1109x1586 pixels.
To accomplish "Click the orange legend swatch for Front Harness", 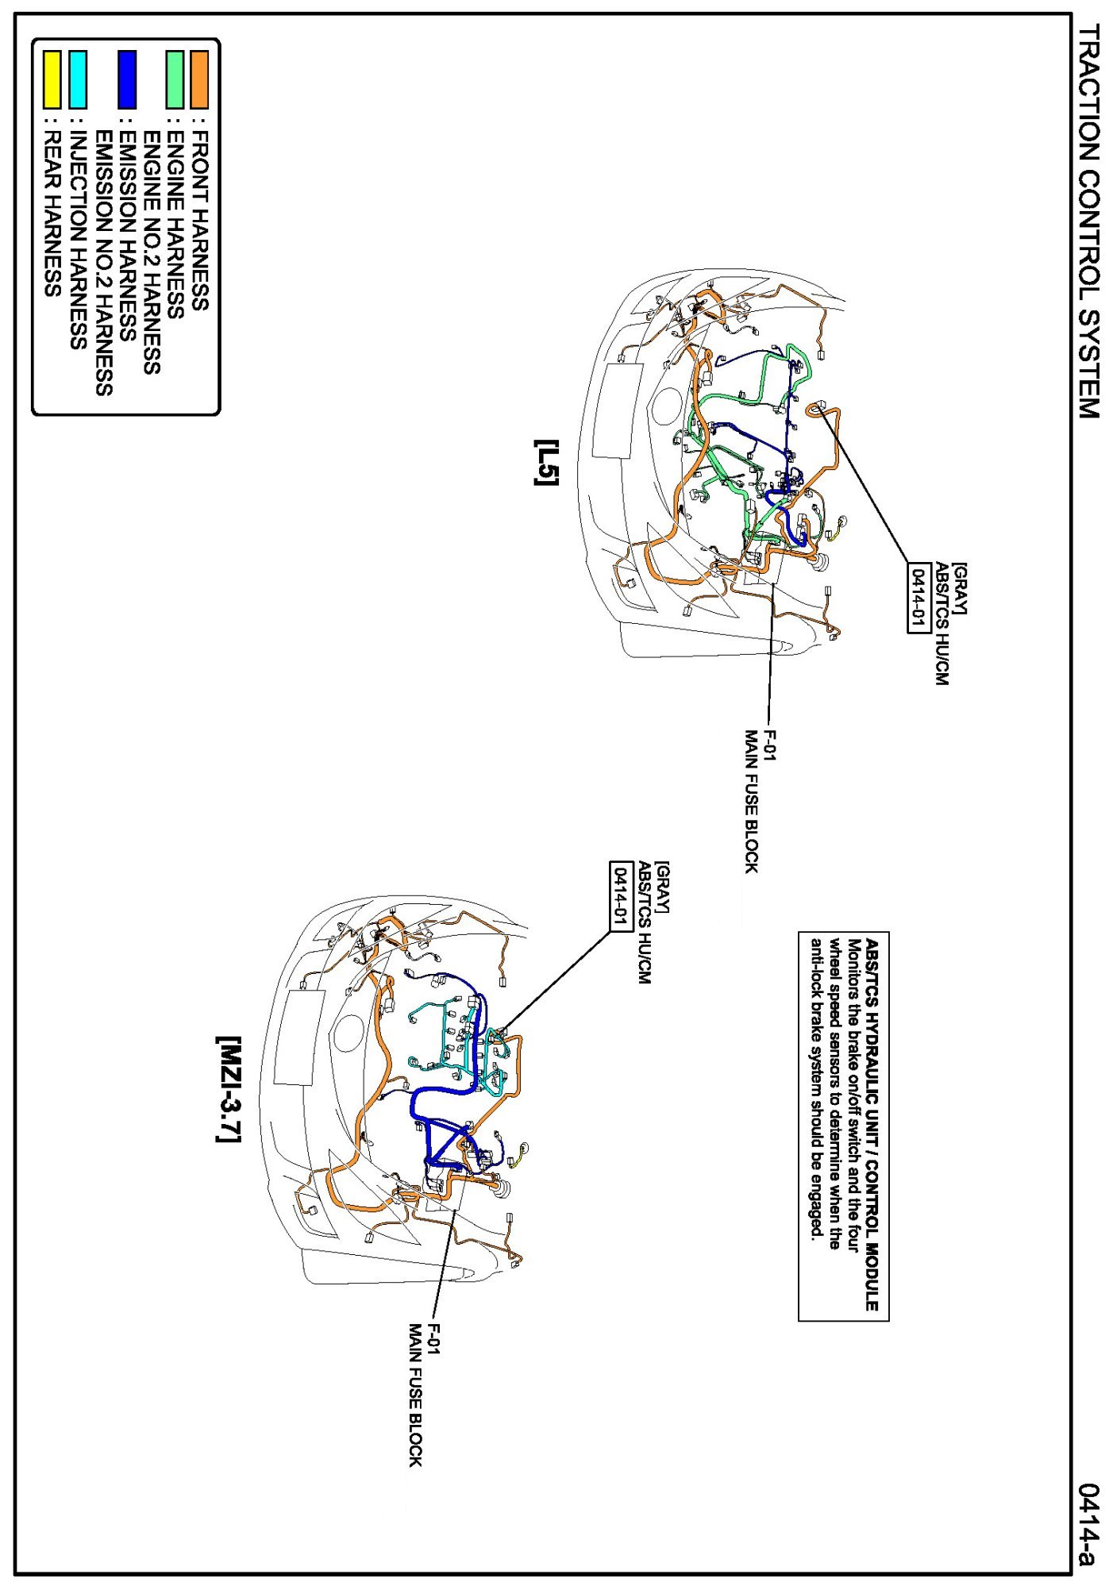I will coord(199,79).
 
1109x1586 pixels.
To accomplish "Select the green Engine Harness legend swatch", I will coord(175,79).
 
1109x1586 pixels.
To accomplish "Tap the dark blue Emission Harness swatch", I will coord(127,79).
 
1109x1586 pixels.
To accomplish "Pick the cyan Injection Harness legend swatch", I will coord(78,79).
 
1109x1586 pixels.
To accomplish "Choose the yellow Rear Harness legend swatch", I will coord(52,79).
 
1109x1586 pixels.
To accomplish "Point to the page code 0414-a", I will coord(1089,1524).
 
